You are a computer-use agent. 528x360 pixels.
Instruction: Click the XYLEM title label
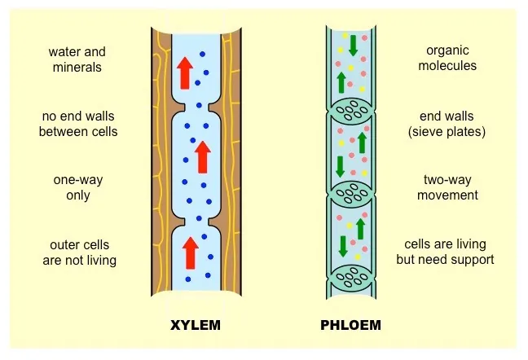[195, 327]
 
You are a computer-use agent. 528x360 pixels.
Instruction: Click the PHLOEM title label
[351, 327]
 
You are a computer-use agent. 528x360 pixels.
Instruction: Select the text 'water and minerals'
[77, 59]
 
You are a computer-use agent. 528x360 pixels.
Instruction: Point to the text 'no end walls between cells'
[78, 124]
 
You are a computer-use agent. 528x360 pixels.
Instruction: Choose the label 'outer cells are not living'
[79, 252]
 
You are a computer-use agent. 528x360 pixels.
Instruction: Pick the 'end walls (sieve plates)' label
[447, 124]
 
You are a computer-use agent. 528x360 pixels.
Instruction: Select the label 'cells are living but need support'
[445, 252]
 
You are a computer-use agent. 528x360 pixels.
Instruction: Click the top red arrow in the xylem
[185, 73]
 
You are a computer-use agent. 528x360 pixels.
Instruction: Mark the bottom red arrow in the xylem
[190, 252]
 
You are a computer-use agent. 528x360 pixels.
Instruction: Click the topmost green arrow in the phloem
[353, 46]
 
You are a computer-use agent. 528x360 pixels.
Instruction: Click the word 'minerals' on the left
[77, 68]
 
